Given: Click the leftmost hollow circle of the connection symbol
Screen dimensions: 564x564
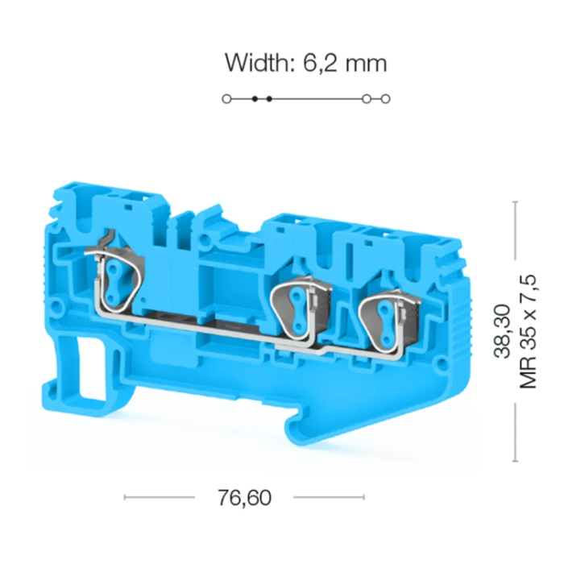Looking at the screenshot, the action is click(x=226, y=98).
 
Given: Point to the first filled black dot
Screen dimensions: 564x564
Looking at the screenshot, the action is click(x=255, y=98).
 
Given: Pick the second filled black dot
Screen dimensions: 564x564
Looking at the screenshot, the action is click(x=269, y=98).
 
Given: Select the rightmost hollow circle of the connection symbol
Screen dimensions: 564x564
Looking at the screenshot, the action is click(x=385, y=98).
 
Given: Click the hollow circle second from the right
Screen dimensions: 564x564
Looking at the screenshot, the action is click(x=366, y=98).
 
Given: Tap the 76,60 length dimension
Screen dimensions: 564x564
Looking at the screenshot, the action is click(x=244, y=497).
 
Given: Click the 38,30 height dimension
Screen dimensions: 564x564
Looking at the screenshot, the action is click(x=502, y=331).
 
